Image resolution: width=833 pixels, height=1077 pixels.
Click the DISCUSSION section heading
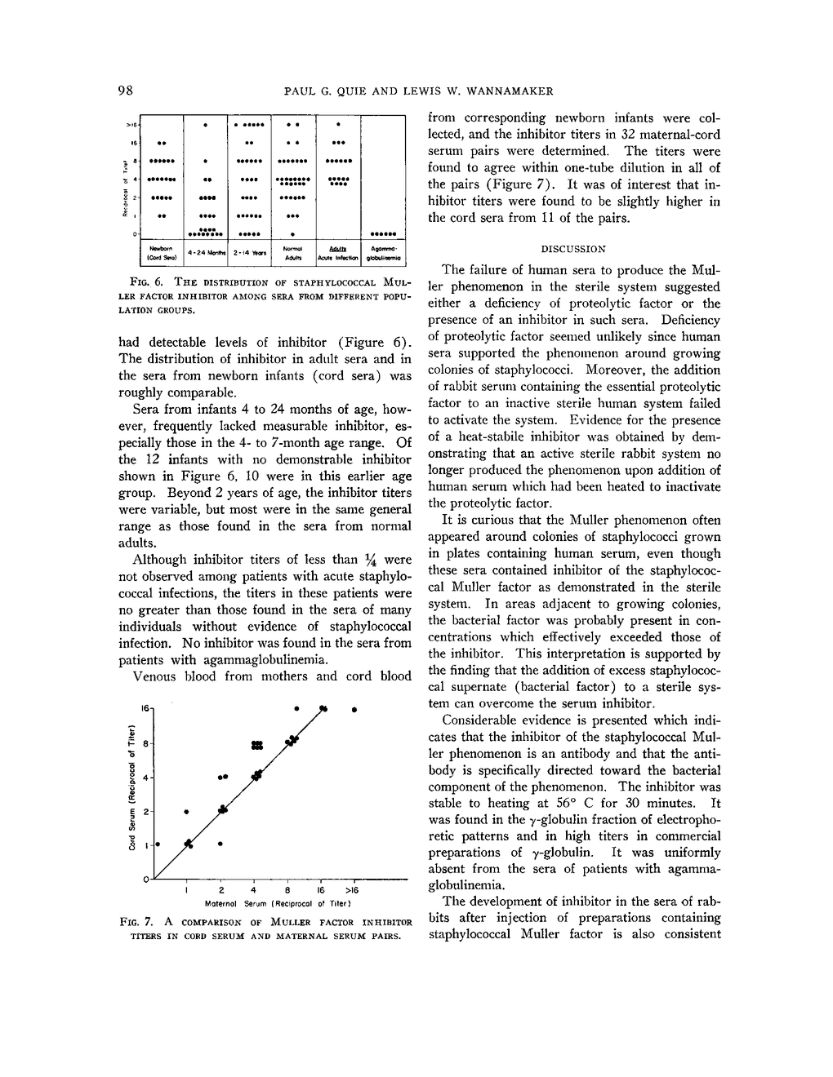[x=574, y=249]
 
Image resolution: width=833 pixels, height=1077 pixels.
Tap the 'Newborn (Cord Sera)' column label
[x=161, y=251]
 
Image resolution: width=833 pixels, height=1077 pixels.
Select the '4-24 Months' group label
[x=206, y=253]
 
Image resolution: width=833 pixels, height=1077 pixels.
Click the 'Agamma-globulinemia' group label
[x=383, y=251]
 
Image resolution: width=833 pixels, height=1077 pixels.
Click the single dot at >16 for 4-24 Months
[x=206, y=126]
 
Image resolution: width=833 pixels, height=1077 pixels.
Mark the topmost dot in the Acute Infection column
[x=338, y=126]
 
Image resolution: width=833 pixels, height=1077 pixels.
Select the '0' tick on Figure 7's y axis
[x=146, y=879]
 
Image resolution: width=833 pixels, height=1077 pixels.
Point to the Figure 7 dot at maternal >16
[x=354, y=710]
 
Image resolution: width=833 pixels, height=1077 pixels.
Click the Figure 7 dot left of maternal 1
[x=158, y=844]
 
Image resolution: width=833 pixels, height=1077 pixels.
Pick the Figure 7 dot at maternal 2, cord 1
[x=220, y=844]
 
